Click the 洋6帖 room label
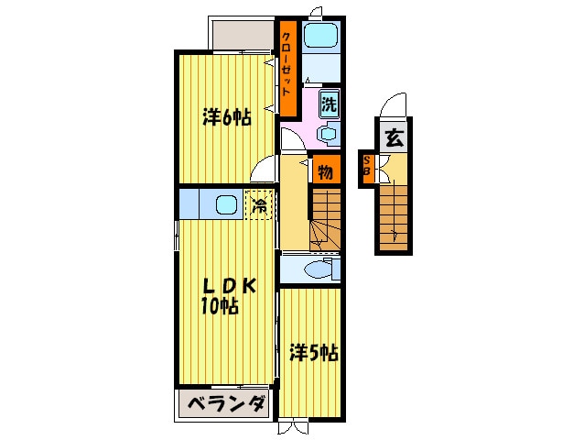click(226, 116)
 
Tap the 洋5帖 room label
click(314, 351)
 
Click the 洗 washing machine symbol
click(329, 103)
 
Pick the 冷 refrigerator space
click(259, 203)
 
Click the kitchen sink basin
click(226, 204)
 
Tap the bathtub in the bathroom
click(320, 37)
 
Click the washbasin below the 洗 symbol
click(328, 133)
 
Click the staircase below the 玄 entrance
click(395, 215)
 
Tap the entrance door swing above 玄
click(394, 106)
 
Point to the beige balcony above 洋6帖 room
click(243, 35)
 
